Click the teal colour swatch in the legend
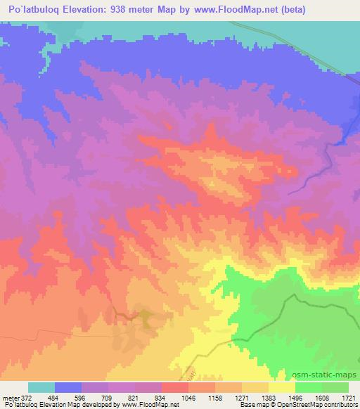(41, 387)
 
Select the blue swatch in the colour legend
(68, 387)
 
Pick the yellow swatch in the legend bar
(282, 387)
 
